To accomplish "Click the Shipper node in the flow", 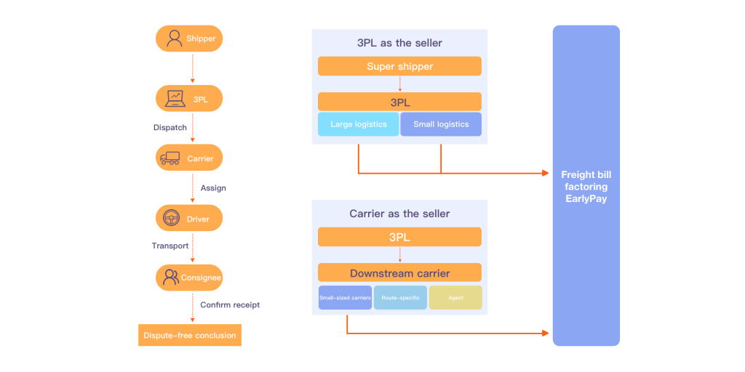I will coord(189,39).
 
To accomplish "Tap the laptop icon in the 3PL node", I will coord(175,98).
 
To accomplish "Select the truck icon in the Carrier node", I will coord(170,158).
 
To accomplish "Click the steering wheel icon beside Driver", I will coord(172,218).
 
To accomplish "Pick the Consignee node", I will coord(189,278).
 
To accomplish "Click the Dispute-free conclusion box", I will coord(190,335).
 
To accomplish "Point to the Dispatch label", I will coord(170,128).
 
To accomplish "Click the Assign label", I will coord(213,188).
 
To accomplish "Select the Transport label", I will coord(170,246).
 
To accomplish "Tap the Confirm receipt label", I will coord(230,305).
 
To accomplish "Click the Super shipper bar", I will coord(399,66).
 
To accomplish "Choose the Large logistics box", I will coord(359,124).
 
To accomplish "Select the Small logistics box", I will coord(441,124).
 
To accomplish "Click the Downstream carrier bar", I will coord(399,273).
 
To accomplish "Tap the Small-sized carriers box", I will coord(345,298).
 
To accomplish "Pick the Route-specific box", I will coord(400,298).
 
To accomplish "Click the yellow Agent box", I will coord(455,298).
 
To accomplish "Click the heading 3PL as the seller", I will coord(399,43).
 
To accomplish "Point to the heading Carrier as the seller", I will coord(399,214).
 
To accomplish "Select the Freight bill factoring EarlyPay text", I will coord(586,187).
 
